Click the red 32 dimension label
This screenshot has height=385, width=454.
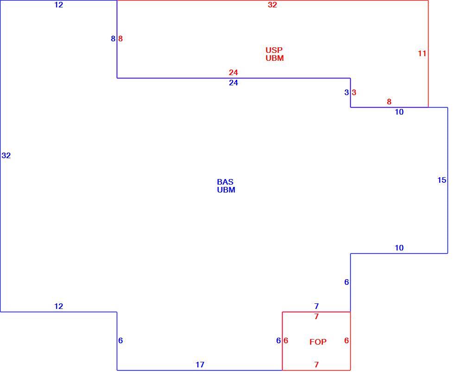[272, 5]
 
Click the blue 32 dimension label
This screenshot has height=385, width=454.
[6, 155]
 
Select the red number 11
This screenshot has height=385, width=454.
[422, 53]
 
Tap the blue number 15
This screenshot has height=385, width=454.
[441, 180]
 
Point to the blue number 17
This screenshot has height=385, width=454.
[200, 365]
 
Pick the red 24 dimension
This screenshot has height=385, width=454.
[233, 72]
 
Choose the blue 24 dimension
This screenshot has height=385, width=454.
[233, 83]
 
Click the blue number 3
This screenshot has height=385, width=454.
[347, 92]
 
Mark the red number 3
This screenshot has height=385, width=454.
[354, 92]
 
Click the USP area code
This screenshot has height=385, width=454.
[274, 50]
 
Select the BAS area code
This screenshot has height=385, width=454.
[225, 182]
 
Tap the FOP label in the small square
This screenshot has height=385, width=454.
[318, 342]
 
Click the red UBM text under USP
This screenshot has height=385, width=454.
[274, 58]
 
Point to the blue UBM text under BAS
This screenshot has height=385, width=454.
[226, 190]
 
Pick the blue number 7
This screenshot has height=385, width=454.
[316, 306]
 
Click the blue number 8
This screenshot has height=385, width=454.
[113, 38]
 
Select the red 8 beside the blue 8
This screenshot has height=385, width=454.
[120, 38]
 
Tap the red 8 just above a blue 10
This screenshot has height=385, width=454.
[389, 102]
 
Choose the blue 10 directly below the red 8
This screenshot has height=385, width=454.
[399, 112]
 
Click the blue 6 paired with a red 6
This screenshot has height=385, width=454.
[278, 340]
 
